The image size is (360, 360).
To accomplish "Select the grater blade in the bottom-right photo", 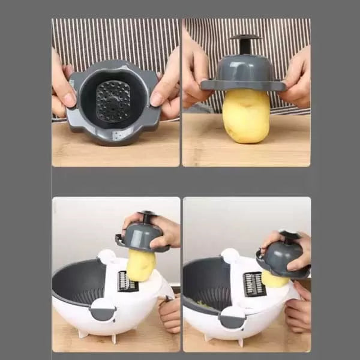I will click(254, 283).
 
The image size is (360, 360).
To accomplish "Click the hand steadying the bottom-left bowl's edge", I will click(170, 312).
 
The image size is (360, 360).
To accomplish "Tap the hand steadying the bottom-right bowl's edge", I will click(299, 312).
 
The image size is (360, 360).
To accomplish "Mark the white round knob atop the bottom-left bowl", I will click(107, 256).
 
